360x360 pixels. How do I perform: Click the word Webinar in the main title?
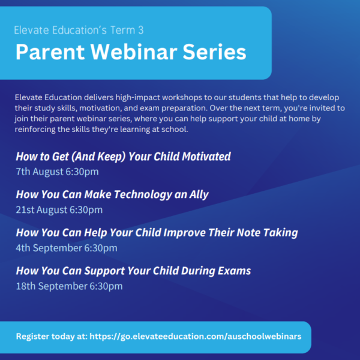point(134,52)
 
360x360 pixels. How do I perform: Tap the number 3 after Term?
point(141,30)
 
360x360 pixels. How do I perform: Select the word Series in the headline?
point(214,52)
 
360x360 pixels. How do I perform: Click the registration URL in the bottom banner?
point(196,337)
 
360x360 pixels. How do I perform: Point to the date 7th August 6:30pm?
point(57,172)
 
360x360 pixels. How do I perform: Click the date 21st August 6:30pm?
point(59,210)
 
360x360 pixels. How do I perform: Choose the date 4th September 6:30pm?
point(67,248)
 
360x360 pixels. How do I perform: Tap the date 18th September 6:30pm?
point(69,286)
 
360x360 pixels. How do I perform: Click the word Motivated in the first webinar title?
point(206,157)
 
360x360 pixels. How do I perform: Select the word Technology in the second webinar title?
point(143,194)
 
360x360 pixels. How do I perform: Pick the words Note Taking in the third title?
point(267,233)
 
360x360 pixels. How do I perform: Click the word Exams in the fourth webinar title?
point(234,271)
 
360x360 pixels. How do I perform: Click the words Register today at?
point(52,337)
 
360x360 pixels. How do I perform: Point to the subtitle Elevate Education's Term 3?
point(79,30)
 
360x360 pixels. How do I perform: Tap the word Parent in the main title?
point(50,52)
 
